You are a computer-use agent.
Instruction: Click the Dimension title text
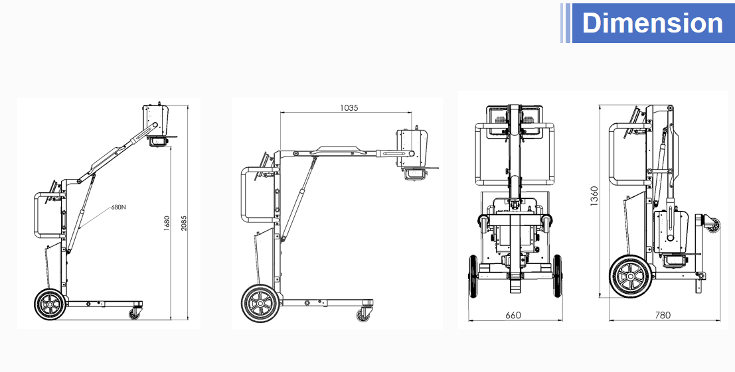652,23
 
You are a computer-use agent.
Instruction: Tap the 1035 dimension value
349,107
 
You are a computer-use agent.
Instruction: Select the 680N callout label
118,207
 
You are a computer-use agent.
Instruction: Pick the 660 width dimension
513,316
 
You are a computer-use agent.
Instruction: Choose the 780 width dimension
663,316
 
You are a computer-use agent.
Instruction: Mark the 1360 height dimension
594,196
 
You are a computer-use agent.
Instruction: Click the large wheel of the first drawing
50,304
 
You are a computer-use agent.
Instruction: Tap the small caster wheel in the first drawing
135,314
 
